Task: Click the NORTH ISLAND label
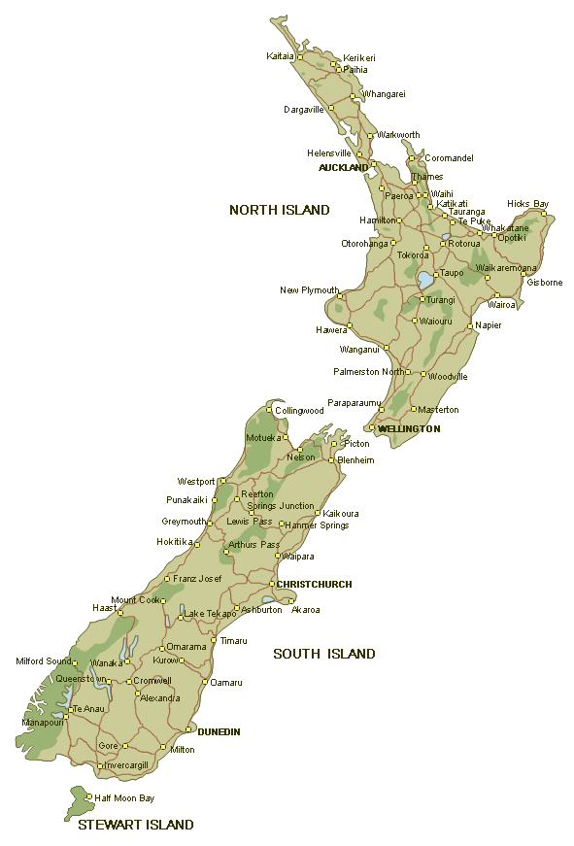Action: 279,210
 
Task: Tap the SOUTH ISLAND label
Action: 323,654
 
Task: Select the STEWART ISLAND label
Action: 135,825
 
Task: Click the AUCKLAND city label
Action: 344,168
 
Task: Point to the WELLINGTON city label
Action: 409,428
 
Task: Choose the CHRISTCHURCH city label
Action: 314,585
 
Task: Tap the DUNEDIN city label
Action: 219,731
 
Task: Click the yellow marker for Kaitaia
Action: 300,57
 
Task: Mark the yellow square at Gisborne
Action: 523,274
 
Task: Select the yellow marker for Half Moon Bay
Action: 88,798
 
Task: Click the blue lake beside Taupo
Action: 425,281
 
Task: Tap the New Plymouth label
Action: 309,290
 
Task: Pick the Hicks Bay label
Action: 527,204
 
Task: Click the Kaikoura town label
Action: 341,513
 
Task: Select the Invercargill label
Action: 125,765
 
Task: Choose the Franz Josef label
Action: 197,579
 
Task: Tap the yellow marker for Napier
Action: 469,325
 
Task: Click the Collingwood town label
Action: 299,411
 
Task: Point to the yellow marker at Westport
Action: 225,481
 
